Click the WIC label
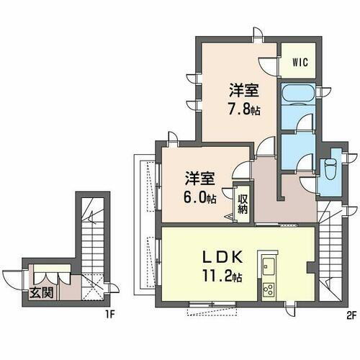click(300, 63)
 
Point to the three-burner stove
click(269, 290)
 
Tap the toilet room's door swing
click(307, 184)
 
